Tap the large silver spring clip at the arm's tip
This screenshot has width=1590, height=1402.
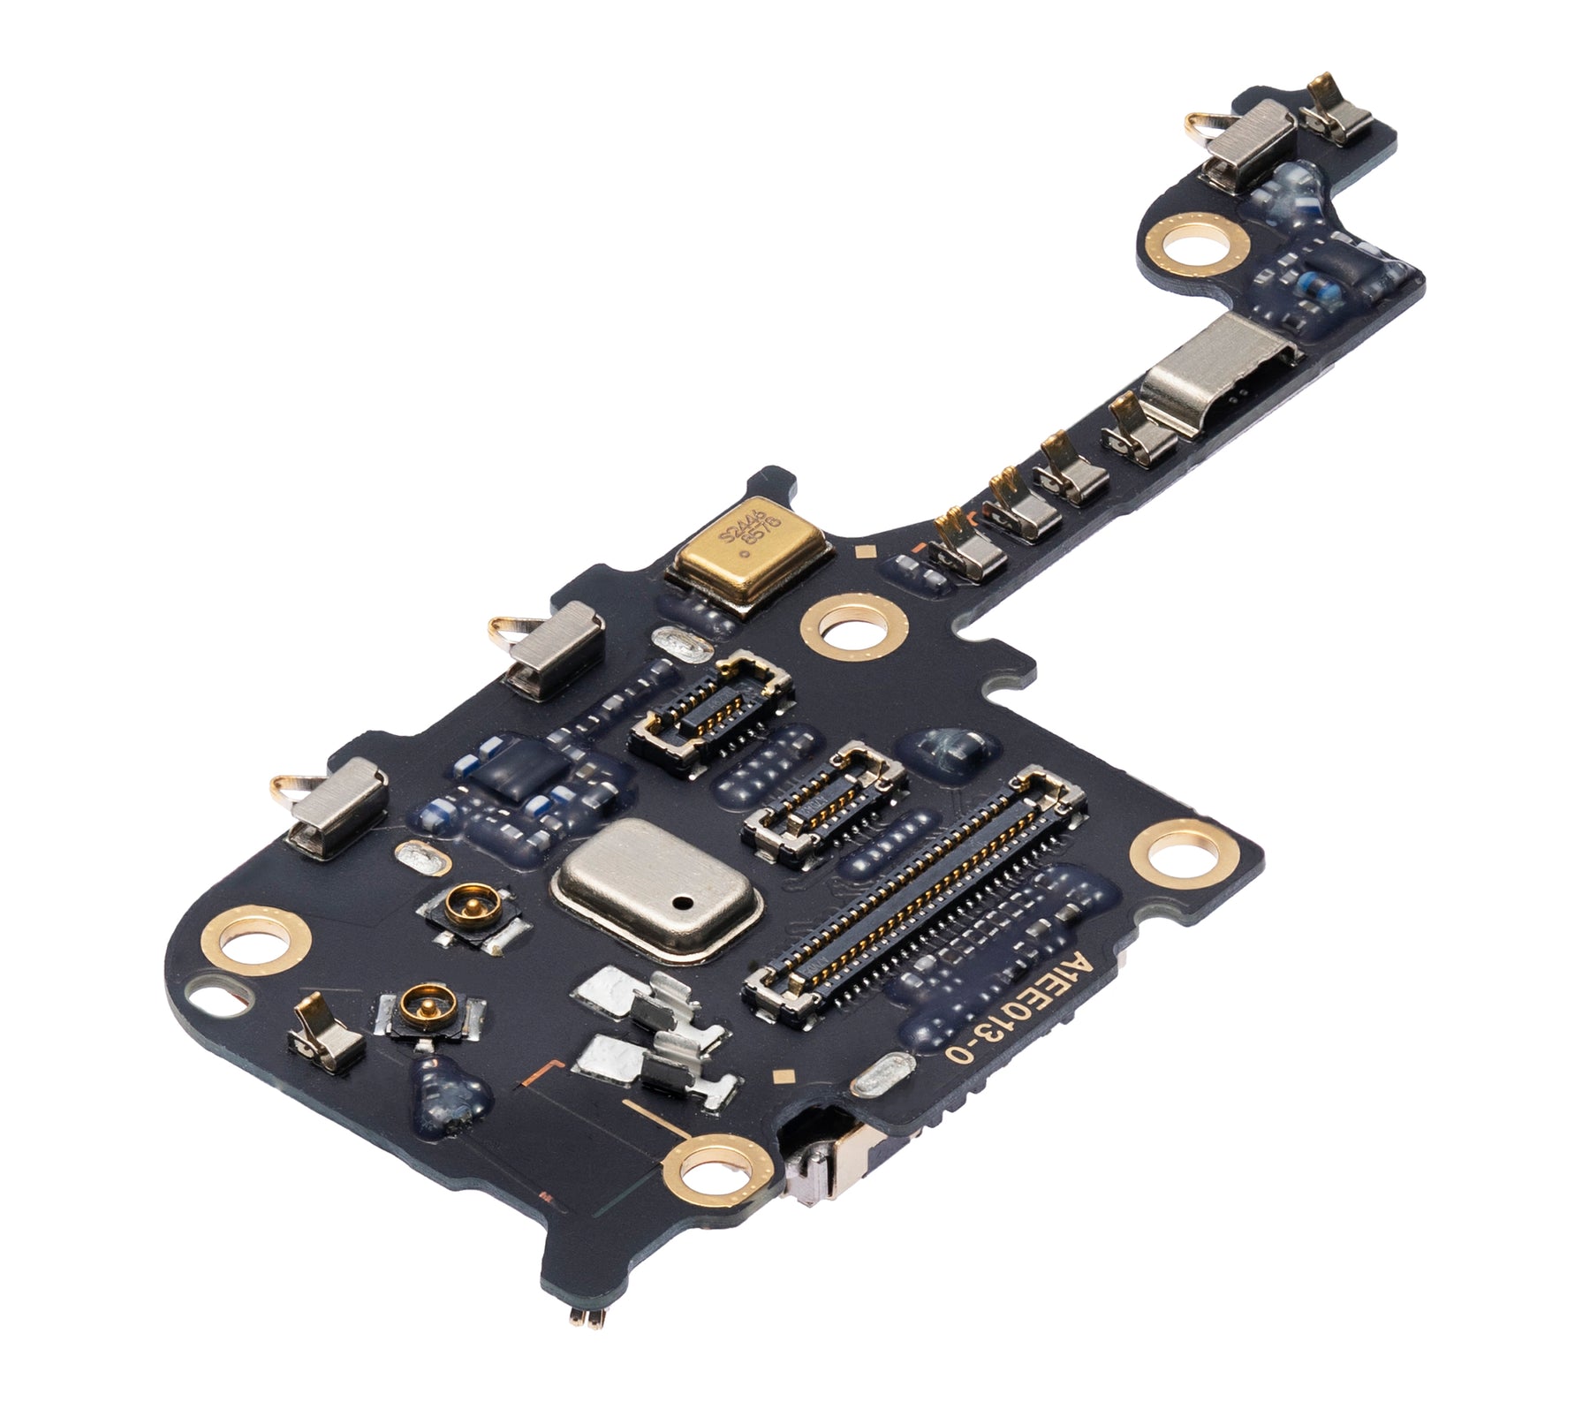(x=1247, y=141)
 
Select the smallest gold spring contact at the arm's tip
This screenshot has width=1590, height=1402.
(x=1339, y=113)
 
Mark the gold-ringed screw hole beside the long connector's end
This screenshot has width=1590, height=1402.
(x=1182, y=855)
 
